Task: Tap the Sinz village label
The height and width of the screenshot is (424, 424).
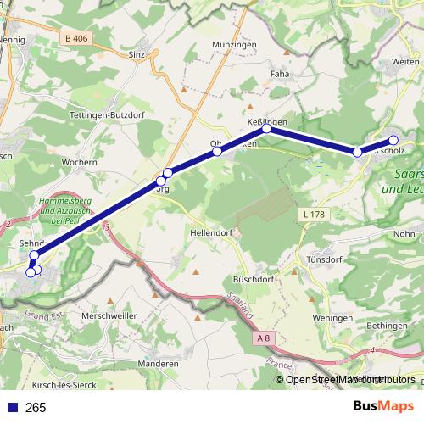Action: click(x=137, y=54)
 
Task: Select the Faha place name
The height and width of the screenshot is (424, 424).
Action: click(x=280, y=74)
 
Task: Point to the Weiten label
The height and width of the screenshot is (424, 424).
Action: click(x=406, y=62)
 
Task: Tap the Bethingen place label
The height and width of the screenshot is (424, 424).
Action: click(x=392, y=326)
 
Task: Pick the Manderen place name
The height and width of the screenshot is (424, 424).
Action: click(x=159, y=363)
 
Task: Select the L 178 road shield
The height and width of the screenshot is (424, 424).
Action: click(x=313, y=215)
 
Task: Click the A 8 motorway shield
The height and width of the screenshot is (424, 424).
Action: click(x=263, y=338)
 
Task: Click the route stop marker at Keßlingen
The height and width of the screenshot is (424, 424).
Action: click(x=266, y=129)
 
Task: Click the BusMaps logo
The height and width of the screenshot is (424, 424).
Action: click(x=383, y=406)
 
